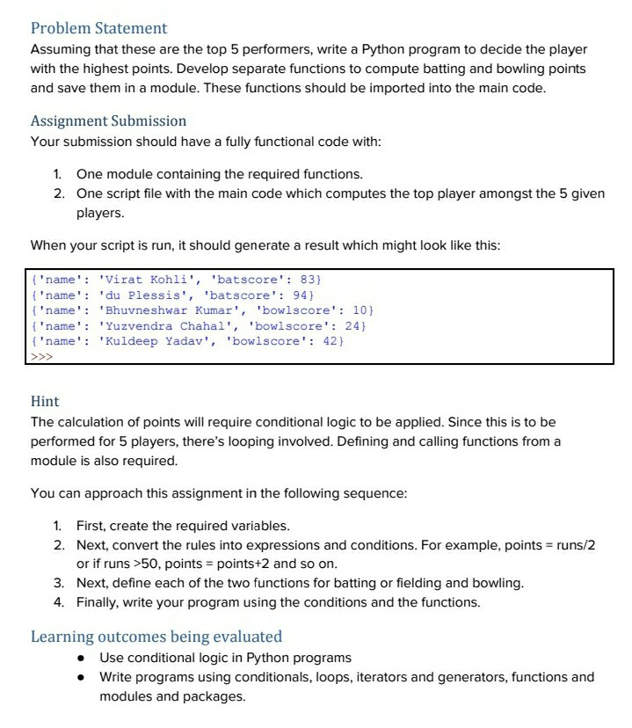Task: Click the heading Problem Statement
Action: point(98,29)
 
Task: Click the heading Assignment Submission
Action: point(108,120)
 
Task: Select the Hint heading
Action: point(45,401)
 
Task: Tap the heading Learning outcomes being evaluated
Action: point(156,636)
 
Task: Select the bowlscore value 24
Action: point(352,325)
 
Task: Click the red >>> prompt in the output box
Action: point(41,357)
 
